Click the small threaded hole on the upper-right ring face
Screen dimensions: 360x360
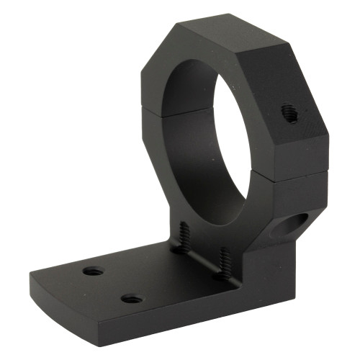[x=289, y=112]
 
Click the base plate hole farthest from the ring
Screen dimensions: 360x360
[x=93, y=271]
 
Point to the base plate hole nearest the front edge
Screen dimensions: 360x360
[x=130, y=298]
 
